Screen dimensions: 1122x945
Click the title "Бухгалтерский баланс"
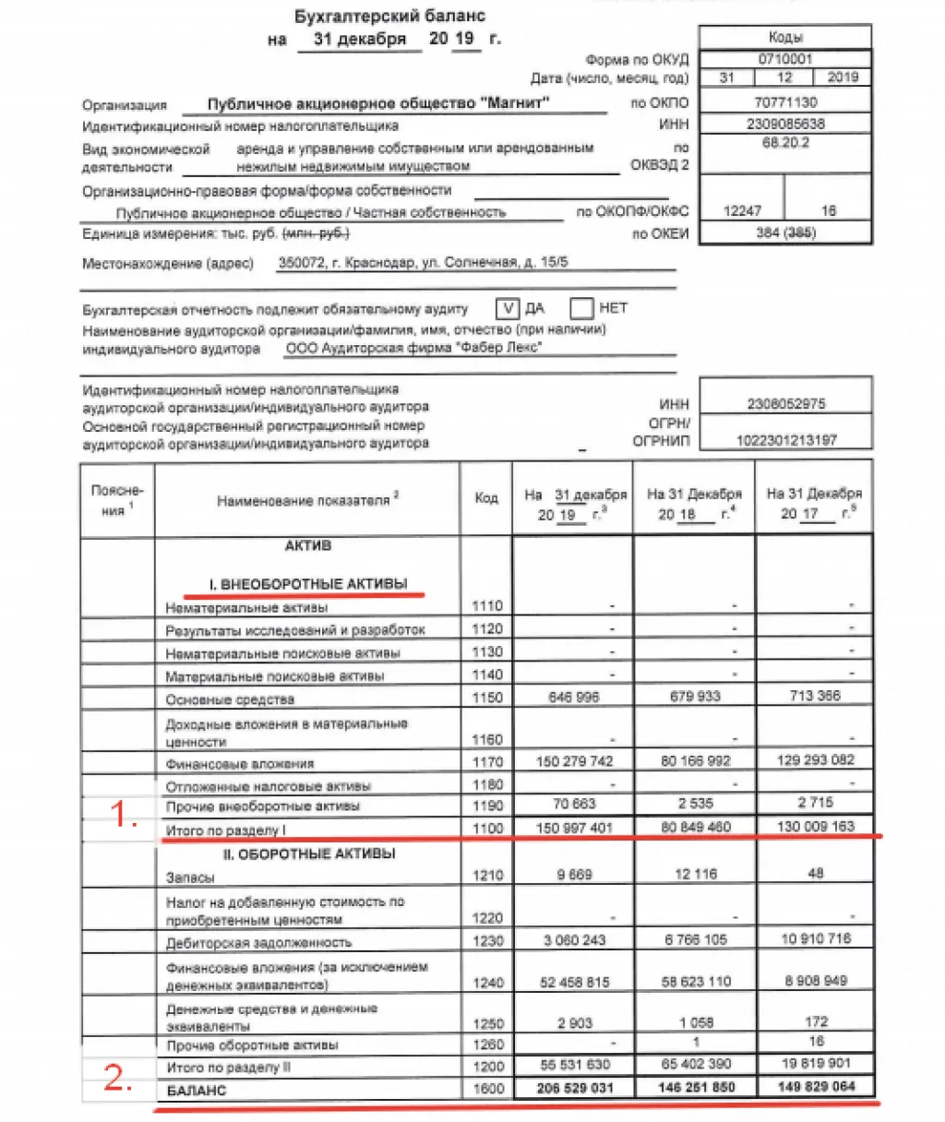(x=389, y=16)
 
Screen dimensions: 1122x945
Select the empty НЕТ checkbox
(x=581, y=308)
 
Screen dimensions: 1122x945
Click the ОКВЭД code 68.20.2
(x=784, y=143)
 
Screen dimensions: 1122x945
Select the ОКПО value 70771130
(x=784, y=102)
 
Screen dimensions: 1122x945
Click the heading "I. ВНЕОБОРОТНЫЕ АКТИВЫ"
(x=308, y=584)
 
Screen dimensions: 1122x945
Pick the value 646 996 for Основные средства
(x=573, y=698)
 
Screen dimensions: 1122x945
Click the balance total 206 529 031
(x=574, y=1088)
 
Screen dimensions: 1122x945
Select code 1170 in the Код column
(x=487, y=762)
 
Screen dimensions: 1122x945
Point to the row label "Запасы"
(x=190, y=877)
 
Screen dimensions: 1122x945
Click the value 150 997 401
(x=574, y=828)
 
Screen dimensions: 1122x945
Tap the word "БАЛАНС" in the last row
(x=197, y=1090)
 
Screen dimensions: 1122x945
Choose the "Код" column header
(x=486, y=498)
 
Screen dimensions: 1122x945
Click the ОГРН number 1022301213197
(x=786, y=440)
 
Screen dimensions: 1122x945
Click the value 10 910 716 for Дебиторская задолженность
(x=815, y=939)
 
